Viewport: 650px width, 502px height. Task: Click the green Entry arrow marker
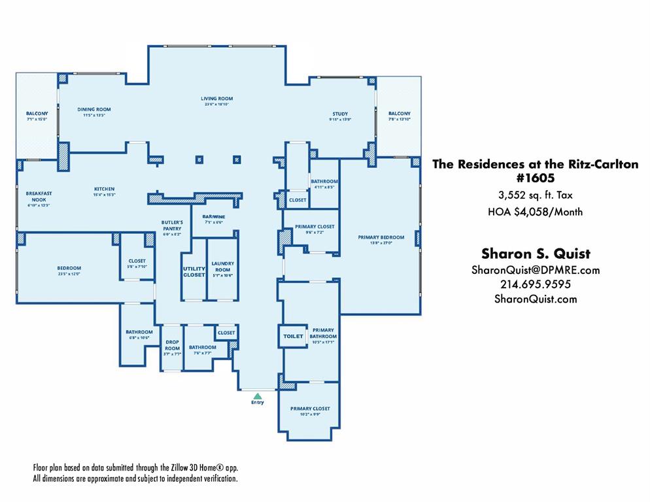click(x=258, y=395)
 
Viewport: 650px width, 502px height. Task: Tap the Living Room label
click(x=216, y=99)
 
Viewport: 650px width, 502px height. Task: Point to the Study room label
click(x=340, y=114)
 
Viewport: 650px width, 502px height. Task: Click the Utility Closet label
click(x=194, y=271)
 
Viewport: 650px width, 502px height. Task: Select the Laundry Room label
click(x=222, y=267)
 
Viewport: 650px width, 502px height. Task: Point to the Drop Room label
click(x=172, y=345)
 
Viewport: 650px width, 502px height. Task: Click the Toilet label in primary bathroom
click(x=293, y=336)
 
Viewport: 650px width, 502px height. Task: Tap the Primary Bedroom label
click(x=381, y=237)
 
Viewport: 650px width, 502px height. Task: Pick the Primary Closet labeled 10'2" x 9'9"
click(x=310, y=409)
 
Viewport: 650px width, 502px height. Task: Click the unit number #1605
click(x=535, y=178)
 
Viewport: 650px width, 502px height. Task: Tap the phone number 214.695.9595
click(x=536, y=284)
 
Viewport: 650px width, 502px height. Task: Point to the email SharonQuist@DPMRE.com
click(x=536, y=270)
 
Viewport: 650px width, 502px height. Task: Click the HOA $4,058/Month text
click(x=535, y=211)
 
